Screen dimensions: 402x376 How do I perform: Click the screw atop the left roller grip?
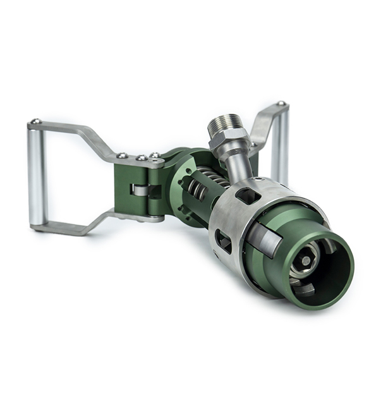pos(35,121)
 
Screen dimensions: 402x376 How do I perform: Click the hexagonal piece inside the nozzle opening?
pos(306,260)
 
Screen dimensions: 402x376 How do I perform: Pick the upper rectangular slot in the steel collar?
pos(247,195)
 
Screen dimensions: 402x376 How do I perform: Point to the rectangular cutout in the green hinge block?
pos(140,190)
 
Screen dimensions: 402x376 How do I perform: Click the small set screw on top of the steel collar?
pos(258,181)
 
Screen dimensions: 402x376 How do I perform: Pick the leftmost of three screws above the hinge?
pos(121,155)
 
